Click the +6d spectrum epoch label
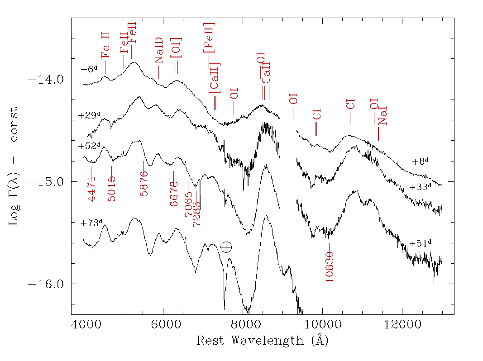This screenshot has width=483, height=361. (x=89, y=69)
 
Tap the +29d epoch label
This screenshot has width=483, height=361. (x=88, y=115)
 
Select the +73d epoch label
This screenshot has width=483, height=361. (x=91, y=223)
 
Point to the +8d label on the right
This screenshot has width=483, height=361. (x=420, y=161)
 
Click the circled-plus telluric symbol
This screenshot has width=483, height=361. (x=226, y=247)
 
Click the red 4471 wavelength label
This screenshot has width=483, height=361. (x=91, y=189)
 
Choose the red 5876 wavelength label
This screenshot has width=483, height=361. (x=144, y=184)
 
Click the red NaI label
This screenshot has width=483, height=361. (x=383, y=115)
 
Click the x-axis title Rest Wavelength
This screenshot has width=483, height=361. (x=262, y=340)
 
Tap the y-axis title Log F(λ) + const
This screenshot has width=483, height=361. (x=14, y=167)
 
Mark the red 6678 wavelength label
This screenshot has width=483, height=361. (x=174, y=195)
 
